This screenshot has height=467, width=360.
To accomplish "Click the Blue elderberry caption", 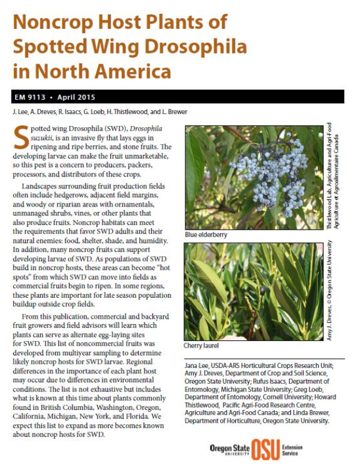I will coord(206,235).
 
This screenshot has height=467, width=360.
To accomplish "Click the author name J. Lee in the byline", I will coord(20,112).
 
